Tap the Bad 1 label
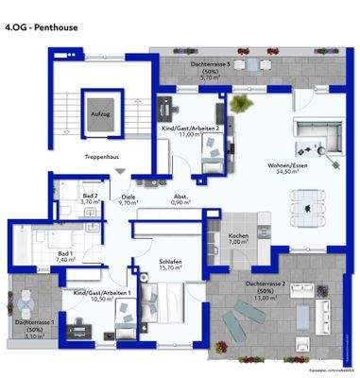pyautogui.click(x=65, y=252)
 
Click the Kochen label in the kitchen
pyautogui.click(x=237, y=237)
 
